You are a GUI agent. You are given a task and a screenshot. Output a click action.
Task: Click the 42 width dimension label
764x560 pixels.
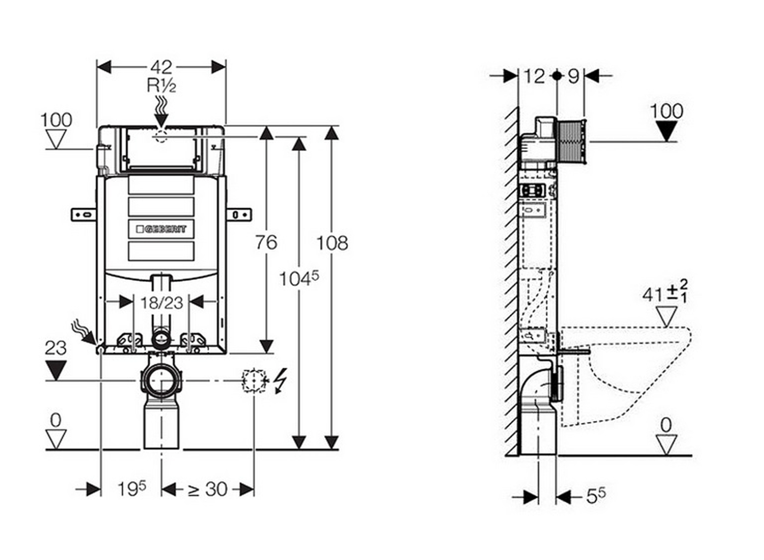click(x=161, y=67)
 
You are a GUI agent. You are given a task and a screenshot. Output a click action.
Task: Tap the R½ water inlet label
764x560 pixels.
click(x=161, y=85)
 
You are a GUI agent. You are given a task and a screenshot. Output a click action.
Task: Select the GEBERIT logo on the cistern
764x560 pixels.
click(x=161, y=229)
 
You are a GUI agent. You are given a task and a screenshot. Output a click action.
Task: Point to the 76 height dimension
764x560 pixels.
click(x=266, y=242)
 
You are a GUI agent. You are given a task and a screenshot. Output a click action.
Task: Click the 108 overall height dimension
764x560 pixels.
click(x=332, y=243)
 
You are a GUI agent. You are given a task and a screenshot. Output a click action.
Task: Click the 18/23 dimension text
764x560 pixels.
click(x=161, y=303)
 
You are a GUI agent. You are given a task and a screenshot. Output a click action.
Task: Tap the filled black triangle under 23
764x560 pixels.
click(x=56, y=370)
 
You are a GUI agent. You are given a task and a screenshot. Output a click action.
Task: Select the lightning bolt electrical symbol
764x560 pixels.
click(x=280, y=380)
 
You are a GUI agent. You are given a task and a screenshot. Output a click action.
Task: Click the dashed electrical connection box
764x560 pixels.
click(x=254, y=380)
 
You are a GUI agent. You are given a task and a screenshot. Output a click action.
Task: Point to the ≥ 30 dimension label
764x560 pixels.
click(x=207, y=489)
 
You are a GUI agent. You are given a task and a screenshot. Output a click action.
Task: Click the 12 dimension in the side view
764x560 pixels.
click(x=534, y=76)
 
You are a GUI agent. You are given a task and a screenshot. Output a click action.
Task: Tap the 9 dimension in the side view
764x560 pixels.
click(x=574, y=76)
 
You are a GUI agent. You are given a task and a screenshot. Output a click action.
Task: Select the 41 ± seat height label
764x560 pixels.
click(x=664, y=293)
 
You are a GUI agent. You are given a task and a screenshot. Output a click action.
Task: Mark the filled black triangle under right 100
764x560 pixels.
click(x=666, y=132)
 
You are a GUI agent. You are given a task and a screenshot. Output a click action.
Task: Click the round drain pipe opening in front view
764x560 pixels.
click(x=161, y=380)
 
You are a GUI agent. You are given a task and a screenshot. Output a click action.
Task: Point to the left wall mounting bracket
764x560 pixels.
click(x=84, y=214)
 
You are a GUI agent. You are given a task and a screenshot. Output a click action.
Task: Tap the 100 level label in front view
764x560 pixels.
click(x=56, y=121)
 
